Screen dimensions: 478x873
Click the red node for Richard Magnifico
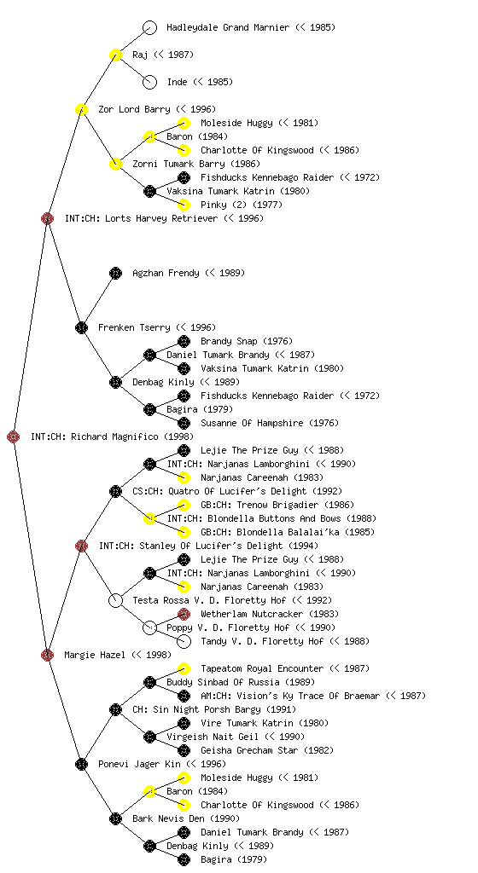pyautogui.click(x=14, y=436)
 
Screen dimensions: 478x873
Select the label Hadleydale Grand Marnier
pyautogui.click(x=228, y=27)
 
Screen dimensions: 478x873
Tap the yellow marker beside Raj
pyautogui.click(x=115, y=55)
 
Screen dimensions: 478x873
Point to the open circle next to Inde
pyautogui.click(x=149, y=82)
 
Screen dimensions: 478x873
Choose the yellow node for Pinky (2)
pyautogui.click(x=184, y=205)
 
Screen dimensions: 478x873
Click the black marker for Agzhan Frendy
pyautogui.click(x=115, y=273)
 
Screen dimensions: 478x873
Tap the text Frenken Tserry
pyautogui.click(x=134, y=327)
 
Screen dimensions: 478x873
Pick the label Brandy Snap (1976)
pyautogui.click(x=246, y=341)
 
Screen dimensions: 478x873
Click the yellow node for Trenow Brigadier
pyautogui.click(x=184, y=505)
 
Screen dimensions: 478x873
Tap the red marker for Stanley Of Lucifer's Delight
pyautogui.click(x=81, y=546)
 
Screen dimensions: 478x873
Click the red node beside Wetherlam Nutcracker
pyautogui.click(x=184, y=614)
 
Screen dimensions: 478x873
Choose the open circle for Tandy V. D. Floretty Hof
pyautogui.click(x=184, y=641)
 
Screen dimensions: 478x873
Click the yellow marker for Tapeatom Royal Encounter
pyautogui.click(x=184, y=668)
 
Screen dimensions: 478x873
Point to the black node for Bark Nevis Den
pyautogui.click(x=115, y=818)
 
